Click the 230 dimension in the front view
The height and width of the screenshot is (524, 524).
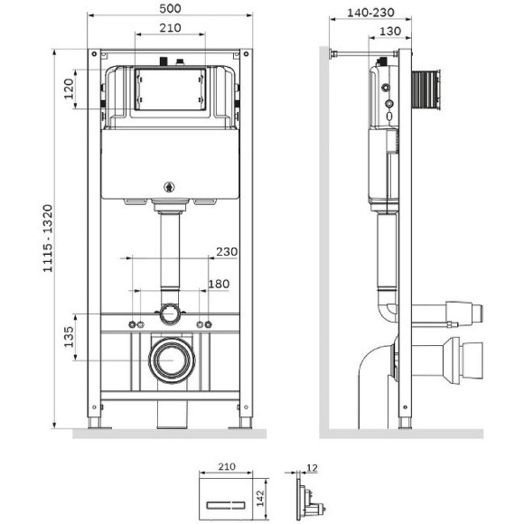coord(226,252)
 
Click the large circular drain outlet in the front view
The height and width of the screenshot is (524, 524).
coord(169,360)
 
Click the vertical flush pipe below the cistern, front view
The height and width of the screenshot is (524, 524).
coord(169,257)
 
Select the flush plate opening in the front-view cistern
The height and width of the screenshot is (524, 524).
coord(169,89)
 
